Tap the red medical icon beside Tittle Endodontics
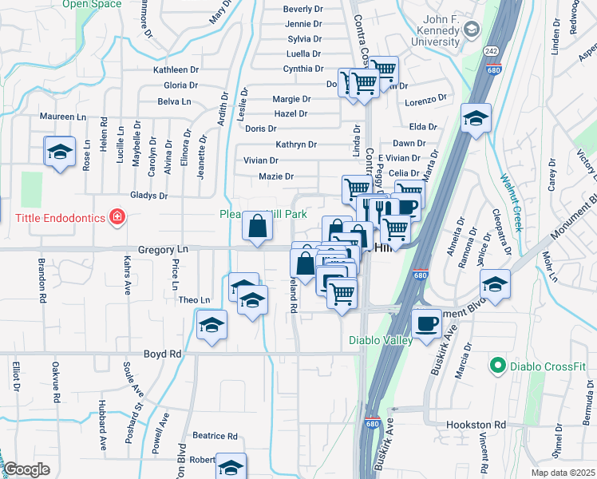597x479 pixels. click(x=118, y=216)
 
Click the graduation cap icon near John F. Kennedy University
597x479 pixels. click(x=472, y=30)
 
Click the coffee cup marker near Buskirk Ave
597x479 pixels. click(x=427, y=323)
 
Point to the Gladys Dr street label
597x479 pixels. click(x=149, y=195)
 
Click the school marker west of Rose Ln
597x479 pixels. click(x=58, y=152)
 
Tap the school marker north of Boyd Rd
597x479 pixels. click(x=212, y=325)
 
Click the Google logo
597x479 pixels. click(x=26, y=469)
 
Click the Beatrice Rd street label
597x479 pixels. click(x=215, y=436)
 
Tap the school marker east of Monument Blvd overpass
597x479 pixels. click(x=495, y=284)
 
